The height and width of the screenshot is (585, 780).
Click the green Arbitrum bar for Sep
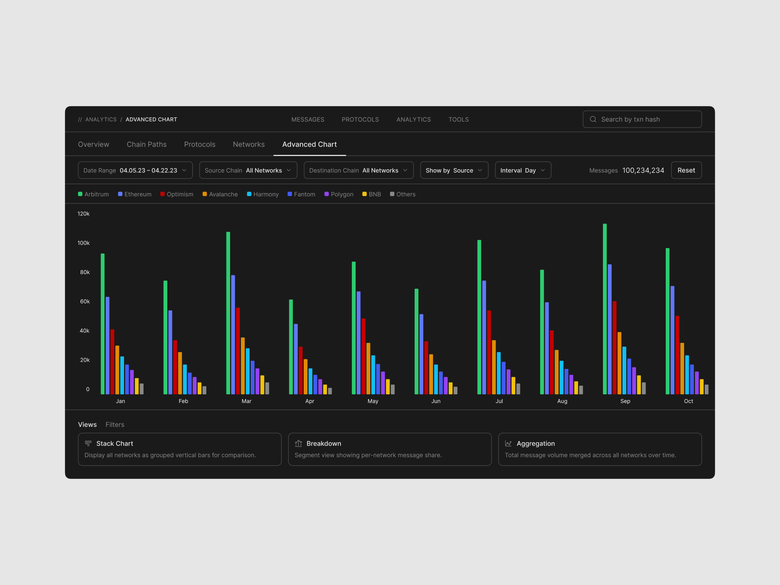(605, 309)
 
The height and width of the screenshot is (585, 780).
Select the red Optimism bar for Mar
(238, 351)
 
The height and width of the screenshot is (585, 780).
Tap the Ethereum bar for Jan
(108, 346)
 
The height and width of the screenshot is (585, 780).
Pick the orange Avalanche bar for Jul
(494, 367)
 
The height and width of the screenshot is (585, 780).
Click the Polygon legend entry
(339, 194)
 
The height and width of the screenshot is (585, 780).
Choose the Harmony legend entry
(263, 194)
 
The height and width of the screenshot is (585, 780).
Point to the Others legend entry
(402, 194)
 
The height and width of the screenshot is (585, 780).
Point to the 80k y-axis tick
(85, 272)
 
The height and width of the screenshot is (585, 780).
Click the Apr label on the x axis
(310, 401)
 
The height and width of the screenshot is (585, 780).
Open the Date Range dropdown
(135, 170)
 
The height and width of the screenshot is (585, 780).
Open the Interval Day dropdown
(523, 170)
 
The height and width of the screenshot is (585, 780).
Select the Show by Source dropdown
(454, 170)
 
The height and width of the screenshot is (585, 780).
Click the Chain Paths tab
(147, 144)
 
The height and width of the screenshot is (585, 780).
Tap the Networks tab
(249, 144)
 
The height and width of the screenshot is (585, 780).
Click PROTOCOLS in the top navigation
(360, 119)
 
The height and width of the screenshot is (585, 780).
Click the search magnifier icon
(593, 119)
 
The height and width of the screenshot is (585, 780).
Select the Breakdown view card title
(324, 443)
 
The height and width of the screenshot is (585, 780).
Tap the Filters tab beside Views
(115, 425)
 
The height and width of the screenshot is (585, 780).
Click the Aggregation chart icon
(508, 443)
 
